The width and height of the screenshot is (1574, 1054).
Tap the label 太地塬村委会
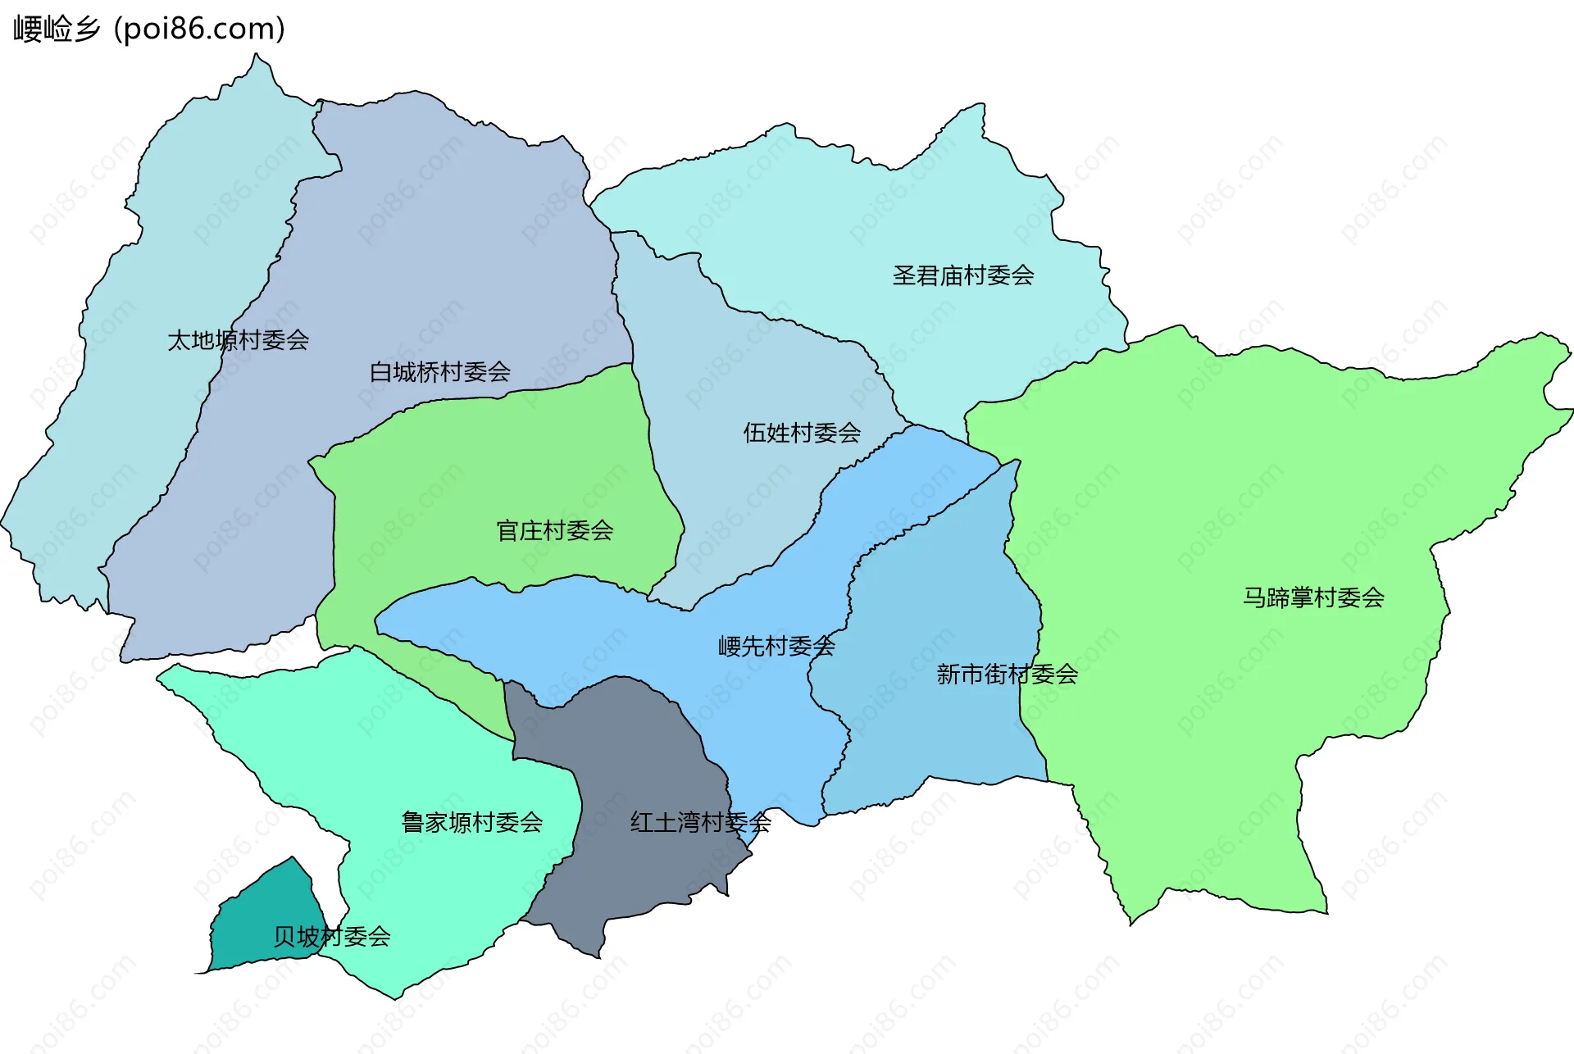238,340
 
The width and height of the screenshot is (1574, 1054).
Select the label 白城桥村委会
439,372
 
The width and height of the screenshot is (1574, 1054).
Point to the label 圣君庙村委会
962,275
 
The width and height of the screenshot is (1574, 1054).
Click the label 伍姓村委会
801,433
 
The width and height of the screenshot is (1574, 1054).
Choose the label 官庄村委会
554,531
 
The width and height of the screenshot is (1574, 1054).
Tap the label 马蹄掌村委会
1312,597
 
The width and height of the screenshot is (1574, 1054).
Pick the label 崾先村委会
776,647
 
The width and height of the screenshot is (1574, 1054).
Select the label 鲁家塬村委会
471,822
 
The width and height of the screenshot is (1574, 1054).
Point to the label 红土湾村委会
700,822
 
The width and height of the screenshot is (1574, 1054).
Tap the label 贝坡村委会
331,936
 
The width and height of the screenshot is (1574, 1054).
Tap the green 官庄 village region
492,467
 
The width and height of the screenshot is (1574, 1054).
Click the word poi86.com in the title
199,29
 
